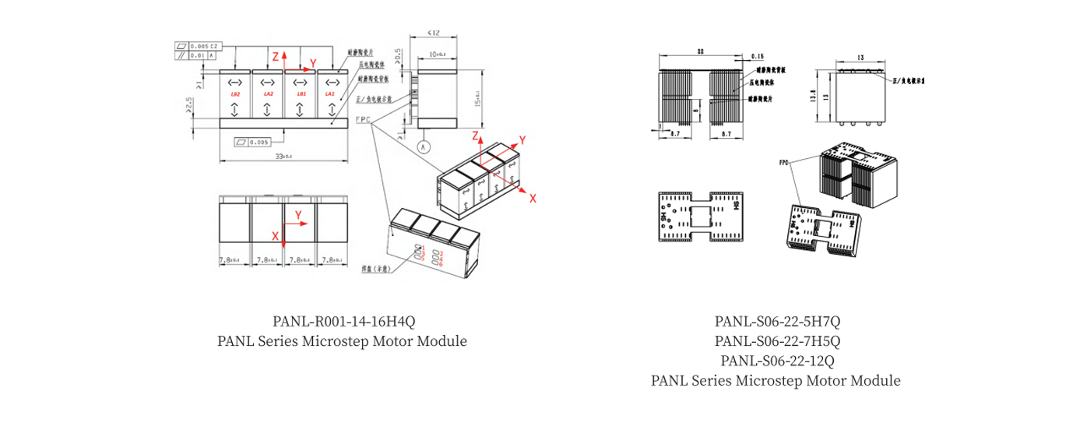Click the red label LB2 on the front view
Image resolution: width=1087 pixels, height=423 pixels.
pyautogui.click(x=235, y=94)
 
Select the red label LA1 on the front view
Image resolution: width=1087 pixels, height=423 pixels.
pyautogui.click(x=329, y=94)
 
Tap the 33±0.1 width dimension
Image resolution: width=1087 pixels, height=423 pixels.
pyautogui.click(x=283, y=157)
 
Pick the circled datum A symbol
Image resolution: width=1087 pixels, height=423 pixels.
pyautogui.click(x=424, y=146)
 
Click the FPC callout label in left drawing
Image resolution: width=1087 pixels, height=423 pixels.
pyautogui.click(x=363, y=120)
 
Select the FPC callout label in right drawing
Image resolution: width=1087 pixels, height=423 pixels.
pyautogui.click(x=784, y=164)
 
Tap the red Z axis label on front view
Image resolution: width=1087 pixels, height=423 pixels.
pyautogui.click(x=275, y=56)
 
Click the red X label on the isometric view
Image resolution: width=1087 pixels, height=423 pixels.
pyautogui.click(x=533, y=199)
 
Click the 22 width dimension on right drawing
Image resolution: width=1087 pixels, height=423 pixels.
pyautogui.click(x=700, y=51)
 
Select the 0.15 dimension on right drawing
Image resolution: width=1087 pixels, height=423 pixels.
pyautogui.click(x=758, y=57)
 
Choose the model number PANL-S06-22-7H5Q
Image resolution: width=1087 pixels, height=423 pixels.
pyautogui.click(x=776, y=340)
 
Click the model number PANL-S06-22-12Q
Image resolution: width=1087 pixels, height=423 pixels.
pyautogui.click(x=776, y=361)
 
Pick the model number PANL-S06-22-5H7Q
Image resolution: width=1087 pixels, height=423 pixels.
pyautogui.click(x=776, y=321)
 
